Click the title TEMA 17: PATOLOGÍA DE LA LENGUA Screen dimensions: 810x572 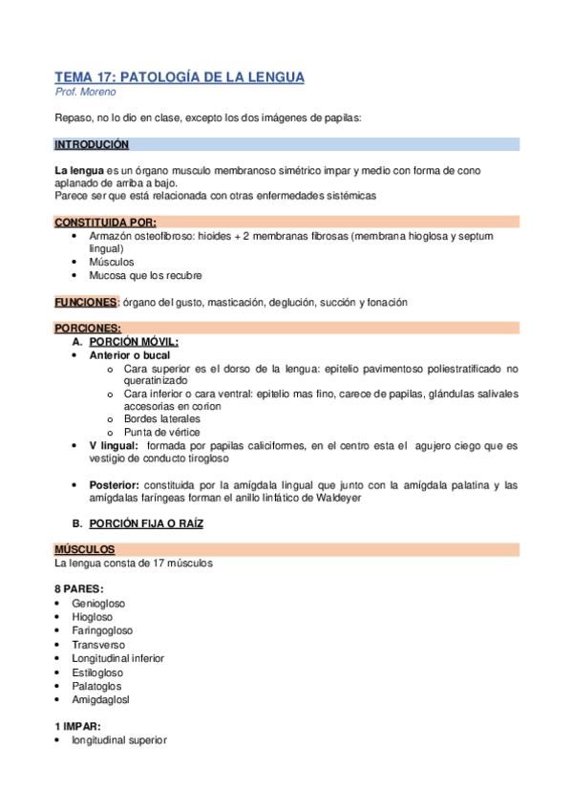coord(180,77)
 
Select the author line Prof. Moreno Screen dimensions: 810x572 coord(87,93)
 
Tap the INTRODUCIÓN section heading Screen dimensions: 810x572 coord(92,145)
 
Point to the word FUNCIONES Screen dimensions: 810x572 coord(85,302)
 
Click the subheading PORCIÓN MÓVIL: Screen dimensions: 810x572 coord(133,341)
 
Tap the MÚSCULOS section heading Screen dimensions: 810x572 coord(84,550)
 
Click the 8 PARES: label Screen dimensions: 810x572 coord(79,588)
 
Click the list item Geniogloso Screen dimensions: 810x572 coord(98,603)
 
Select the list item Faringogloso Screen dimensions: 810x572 coord(102,630)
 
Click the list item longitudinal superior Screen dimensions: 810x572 coord(118,739)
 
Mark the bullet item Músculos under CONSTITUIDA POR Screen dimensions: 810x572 coord(112,262)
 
